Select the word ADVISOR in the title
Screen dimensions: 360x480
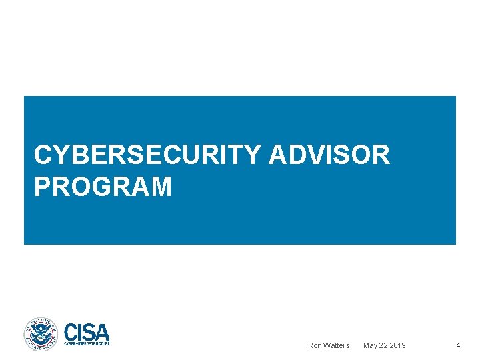pos(329,155)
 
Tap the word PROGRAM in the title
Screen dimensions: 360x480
pos(103,187)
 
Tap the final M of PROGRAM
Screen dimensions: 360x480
pos(161,187)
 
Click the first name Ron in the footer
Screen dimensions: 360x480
pos(315,345)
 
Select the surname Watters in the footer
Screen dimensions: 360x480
pos(337,345)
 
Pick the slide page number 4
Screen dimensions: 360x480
pos(458,345)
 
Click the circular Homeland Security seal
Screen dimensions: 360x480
pos(41,334)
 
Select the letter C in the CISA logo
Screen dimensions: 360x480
pos(71,331)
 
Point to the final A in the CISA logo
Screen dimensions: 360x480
pos(102,331)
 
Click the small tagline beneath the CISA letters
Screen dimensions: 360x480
pos(87,343)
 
